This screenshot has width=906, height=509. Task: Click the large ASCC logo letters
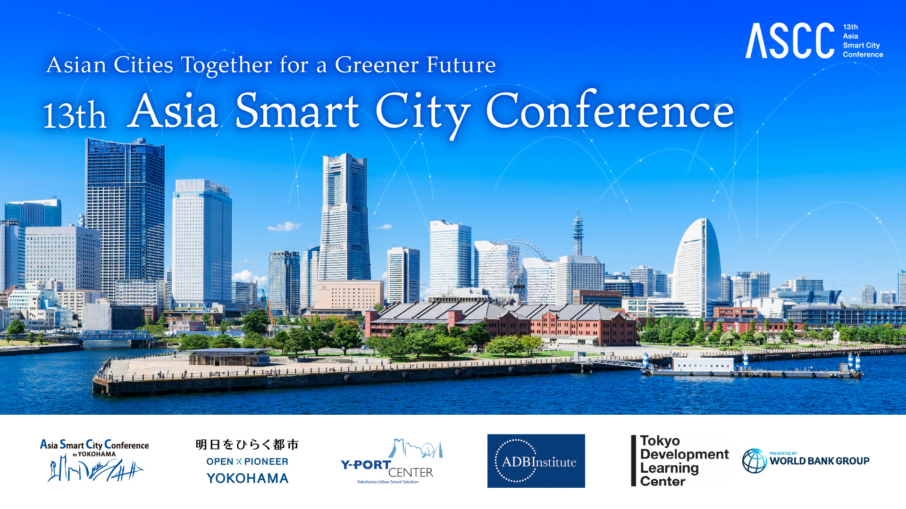[790, 41]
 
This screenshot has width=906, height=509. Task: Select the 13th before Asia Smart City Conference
[75, 115]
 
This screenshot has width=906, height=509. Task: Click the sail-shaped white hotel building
[697, 264]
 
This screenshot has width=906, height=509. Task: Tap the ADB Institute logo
[536, 461]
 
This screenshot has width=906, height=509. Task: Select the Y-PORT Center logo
[392, 461]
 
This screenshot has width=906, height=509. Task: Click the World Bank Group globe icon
[755, 461]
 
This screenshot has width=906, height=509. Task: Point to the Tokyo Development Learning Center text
[684, 461]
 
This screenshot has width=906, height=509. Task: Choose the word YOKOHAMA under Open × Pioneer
[248, 478]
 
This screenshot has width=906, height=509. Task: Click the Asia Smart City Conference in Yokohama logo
[94, 460]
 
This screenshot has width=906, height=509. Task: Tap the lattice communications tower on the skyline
[578, 234]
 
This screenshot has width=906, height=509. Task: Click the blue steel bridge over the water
[115, 335]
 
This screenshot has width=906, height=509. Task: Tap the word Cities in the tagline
[143, 65]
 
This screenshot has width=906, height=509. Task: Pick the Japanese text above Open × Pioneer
[247, 444]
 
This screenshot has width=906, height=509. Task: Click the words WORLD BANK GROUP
[820, 461]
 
